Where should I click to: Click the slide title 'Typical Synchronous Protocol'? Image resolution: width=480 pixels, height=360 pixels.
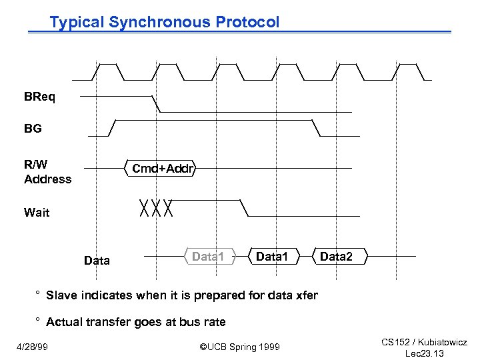(165, 22)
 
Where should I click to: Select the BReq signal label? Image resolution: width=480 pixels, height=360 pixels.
(40, 97)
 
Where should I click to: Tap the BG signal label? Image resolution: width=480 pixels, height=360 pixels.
(33, 129)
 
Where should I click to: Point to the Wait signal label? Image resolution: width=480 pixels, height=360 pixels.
(37, 213)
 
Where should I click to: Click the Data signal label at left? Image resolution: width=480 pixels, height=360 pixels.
(97, 261)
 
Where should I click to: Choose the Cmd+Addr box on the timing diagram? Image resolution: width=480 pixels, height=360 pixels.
(162, 168)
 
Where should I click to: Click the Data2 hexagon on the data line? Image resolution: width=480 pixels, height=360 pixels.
(335, 256)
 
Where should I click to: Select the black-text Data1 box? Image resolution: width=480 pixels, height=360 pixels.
(271, 256)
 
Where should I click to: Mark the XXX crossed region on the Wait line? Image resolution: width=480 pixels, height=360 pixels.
(157, 208)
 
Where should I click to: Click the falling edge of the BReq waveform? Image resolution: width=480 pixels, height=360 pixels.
(156, 103)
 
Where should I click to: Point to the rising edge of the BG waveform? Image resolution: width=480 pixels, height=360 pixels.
(113, 127)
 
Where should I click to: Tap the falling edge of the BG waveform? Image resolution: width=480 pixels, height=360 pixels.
(313, 128)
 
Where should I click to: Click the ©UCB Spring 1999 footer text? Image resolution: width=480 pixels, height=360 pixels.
(240, 347)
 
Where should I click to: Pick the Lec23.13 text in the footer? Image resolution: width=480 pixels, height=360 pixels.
(425, 353)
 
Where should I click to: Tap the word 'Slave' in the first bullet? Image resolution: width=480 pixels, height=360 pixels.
(61, 295)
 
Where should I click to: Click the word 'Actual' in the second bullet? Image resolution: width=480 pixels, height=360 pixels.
(63, 322)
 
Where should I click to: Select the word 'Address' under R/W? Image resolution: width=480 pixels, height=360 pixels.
(47, 179)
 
